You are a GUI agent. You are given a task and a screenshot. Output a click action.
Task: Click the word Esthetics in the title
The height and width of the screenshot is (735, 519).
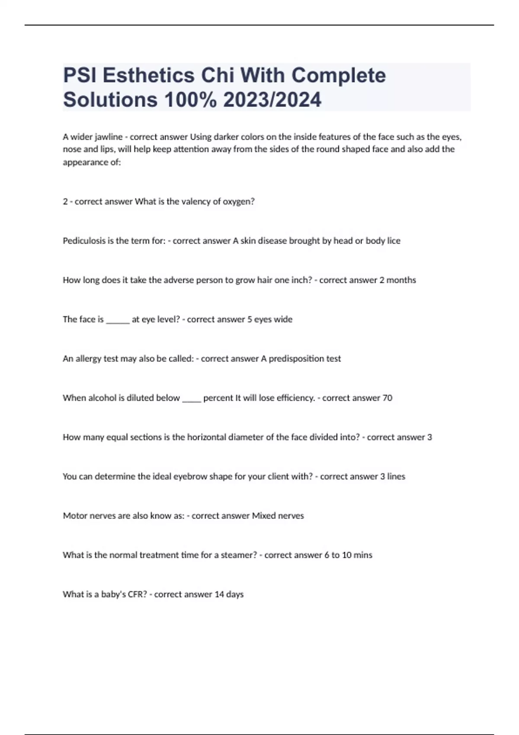tap(149, 76)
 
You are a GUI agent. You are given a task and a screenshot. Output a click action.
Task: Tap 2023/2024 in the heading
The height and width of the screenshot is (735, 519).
tap(272, 100)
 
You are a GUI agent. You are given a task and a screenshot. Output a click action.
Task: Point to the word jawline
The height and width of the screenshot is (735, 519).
tap(109, 137)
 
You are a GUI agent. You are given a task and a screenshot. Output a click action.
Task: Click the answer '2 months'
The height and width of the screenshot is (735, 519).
tap(397, 280)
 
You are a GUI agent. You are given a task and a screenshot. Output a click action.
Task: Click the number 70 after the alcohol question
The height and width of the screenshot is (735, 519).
tap(387, 398)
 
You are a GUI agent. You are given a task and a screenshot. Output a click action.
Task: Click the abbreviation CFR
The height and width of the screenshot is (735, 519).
tap(137, 594)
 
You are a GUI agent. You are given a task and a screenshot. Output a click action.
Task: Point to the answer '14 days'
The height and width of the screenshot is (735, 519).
tap(229, 594)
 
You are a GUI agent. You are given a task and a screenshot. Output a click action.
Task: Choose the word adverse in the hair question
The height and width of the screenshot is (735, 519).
tap(179, 280)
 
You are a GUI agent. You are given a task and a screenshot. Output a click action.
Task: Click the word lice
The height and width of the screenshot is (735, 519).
tap(394, 241)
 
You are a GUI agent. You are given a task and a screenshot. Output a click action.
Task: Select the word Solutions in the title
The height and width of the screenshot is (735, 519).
tap(110, 100)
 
